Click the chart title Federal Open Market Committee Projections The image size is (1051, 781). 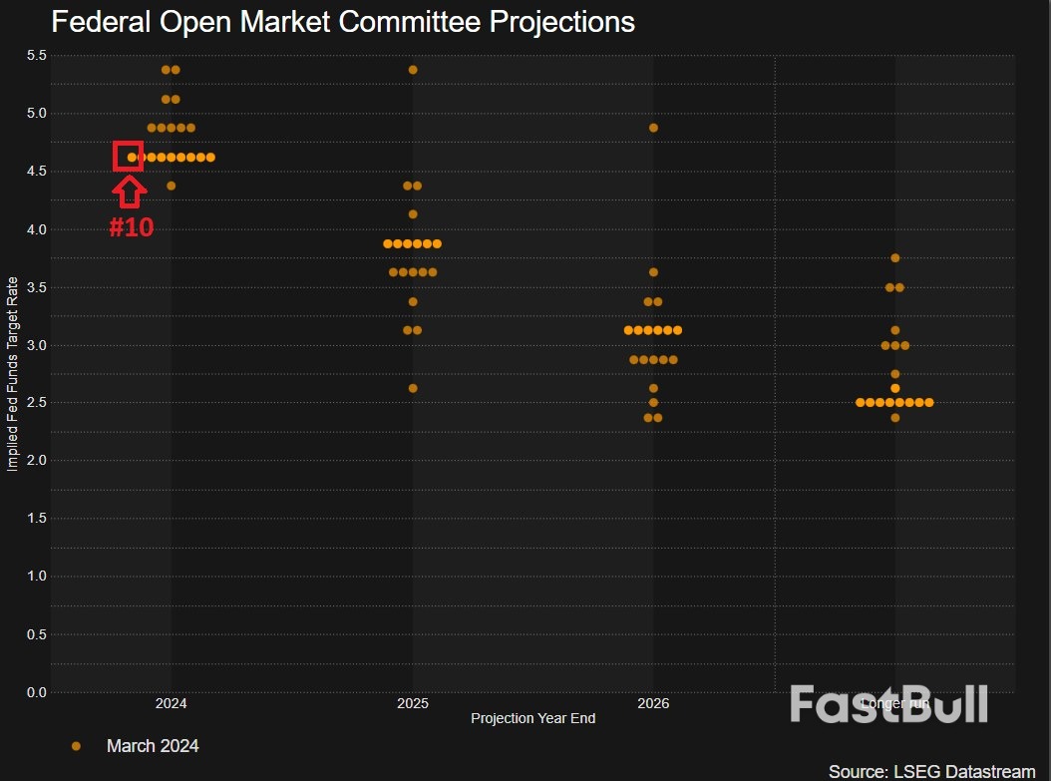[342, 22]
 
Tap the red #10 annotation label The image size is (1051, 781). [131, 227]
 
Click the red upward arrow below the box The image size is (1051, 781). [130, 191]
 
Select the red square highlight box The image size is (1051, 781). [129, 157]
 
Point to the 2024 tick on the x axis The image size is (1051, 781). [171, 703]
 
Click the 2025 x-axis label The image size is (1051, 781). [412, 703]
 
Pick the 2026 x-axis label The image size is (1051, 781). [653, 703]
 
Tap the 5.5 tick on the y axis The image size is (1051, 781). [36, 55]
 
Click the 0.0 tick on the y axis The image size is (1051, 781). [36, 692]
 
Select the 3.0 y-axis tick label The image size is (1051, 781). [36, 345]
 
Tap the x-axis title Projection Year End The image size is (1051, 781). [532, 718]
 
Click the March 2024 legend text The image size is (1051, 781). [153, 746]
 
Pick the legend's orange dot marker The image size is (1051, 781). [76, 746]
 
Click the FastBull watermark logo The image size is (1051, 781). [888, 703]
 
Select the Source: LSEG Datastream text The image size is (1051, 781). [931, 771]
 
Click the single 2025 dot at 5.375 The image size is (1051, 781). [413, 70]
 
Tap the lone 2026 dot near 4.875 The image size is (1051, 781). [653, 128]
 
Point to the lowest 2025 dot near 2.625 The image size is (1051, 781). [413, 388]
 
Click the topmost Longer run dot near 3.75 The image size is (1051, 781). [894, 258]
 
